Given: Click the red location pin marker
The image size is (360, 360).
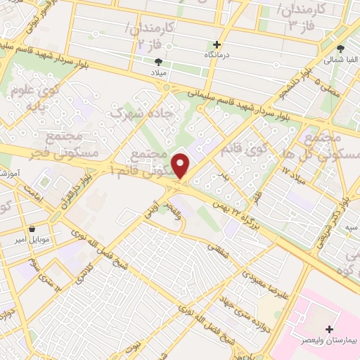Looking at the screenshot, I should pos(181,165).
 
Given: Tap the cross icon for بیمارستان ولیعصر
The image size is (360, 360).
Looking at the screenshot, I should pos(330,329).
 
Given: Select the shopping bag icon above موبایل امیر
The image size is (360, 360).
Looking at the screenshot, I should pos(33,229).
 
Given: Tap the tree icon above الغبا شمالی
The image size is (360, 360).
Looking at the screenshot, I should pos(340,49).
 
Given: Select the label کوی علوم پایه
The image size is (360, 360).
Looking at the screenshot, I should pos(32,98).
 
